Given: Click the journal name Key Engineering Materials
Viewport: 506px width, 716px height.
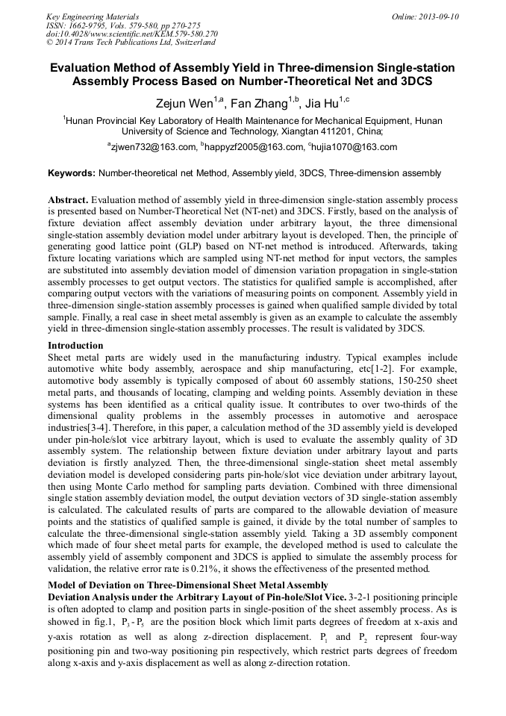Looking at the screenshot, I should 93,16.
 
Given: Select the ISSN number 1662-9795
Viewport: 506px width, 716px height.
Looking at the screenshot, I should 87,25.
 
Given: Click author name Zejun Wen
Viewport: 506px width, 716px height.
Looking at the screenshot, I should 182,102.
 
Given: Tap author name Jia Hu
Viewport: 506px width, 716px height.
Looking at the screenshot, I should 322,102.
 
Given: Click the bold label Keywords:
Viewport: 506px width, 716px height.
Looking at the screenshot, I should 71,173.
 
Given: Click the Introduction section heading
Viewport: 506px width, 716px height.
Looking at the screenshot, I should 75,346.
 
